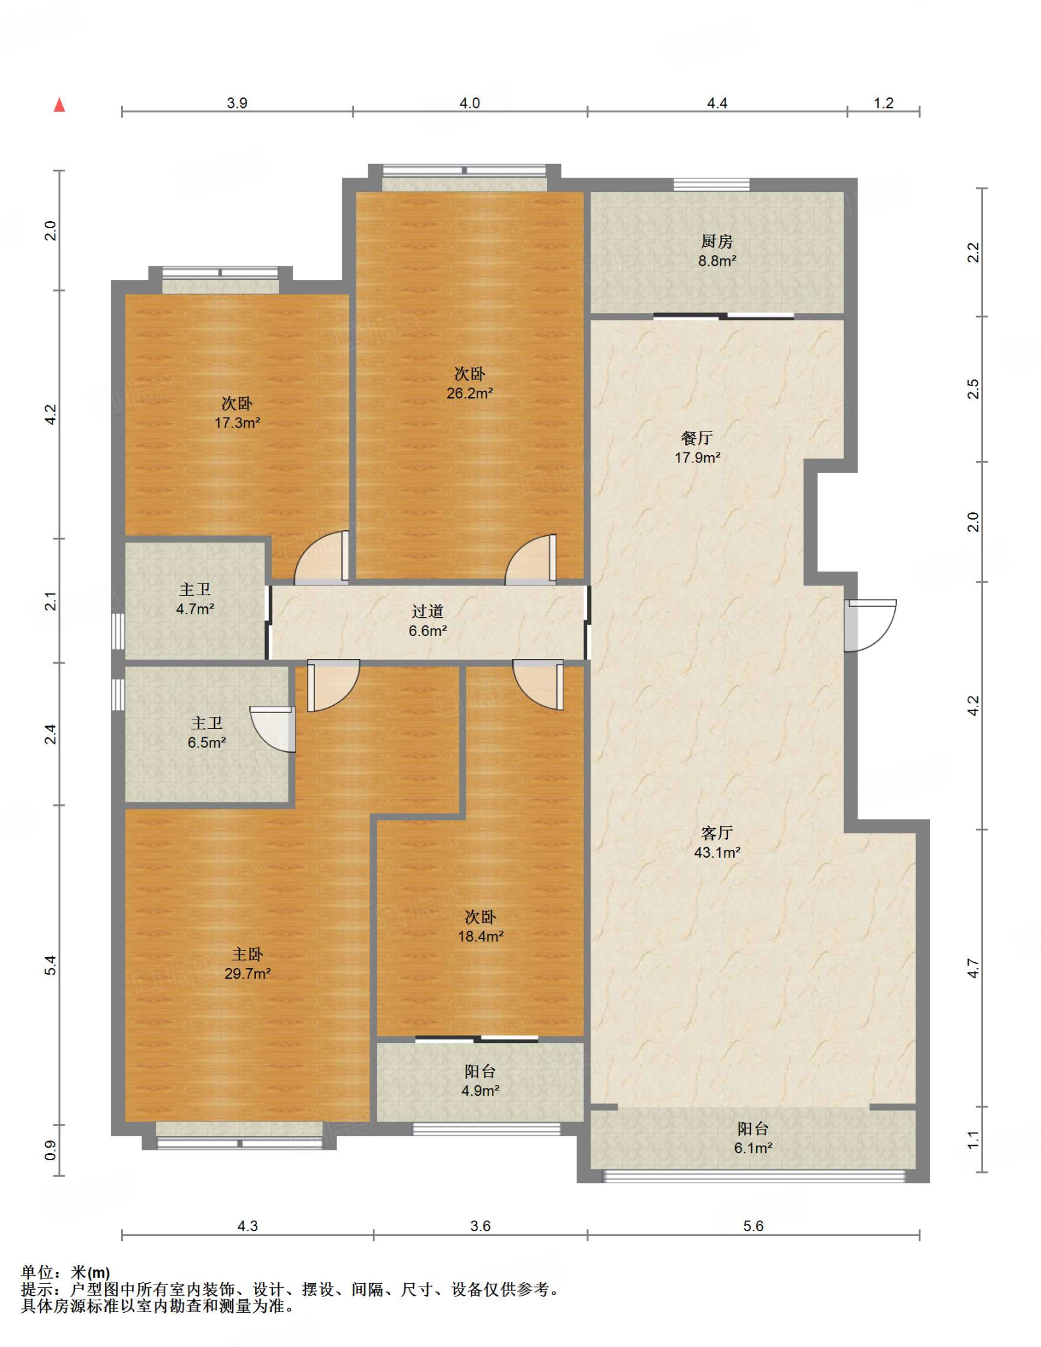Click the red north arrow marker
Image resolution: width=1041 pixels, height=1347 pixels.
click(x=59, y=105)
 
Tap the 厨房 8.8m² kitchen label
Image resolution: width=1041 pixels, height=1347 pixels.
click(x=717, y=251)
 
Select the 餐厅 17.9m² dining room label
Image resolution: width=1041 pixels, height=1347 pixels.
click(x=697, y=447)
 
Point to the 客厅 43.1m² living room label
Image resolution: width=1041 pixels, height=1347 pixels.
click(x=717, y=843)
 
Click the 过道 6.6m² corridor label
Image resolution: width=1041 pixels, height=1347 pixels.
click(x=427, y=621)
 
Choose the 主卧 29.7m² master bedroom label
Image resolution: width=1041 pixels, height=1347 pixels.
click(x=247, y=964)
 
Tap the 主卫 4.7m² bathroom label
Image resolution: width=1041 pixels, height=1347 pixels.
click(x=195, y=599)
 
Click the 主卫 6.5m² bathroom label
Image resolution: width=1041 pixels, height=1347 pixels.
click(x=206, y=733)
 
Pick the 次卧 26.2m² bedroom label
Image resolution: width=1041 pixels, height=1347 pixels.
click(x=470, y=383)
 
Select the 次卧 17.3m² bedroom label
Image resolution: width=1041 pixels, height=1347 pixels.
click(x=237, y=413)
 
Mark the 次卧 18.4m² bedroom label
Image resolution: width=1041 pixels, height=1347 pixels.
click(x=481, y=926)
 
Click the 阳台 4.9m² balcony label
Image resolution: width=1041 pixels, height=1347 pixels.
click(x=480, y=1081)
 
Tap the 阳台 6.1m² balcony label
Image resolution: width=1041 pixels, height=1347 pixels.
click(x=753, y=1139)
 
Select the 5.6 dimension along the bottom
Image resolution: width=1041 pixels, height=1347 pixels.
click(x=754, y=1226)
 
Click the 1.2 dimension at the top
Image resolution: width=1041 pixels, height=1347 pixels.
click(x=884, y=103)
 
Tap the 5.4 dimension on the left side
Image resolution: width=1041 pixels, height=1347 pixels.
click(x=51, y=966)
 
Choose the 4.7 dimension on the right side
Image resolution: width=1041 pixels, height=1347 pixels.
click(x=973, y=968)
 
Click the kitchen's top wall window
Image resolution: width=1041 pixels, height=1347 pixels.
click(x=712, y=184)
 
